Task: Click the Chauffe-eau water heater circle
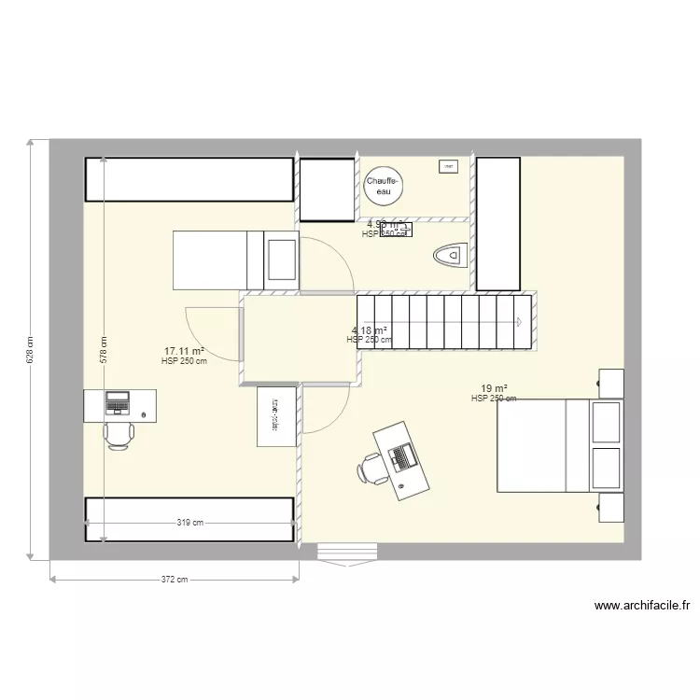point(383,187)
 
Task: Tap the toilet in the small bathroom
point(450,254)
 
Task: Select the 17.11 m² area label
point(185,352)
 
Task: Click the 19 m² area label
point(494,388)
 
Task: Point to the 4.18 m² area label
point(370,330)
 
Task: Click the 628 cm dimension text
point(30,349)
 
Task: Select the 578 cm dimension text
point(104,349)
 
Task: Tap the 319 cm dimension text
point(189,524)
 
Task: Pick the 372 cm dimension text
point(175,580)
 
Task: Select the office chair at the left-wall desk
point(119,435)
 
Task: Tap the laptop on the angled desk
point(403,456)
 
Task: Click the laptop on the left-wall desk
point(118,402)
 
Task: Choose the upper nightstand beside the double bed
point(610,383)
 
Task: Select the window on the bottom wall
point(347,553)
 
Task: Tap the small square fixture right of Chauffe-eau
point(448,167)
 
